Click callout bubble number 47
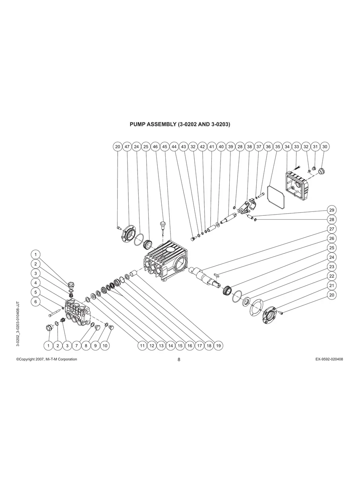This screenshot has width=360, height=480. point(127,147)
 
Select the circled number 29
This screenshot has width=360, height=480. point(331,210)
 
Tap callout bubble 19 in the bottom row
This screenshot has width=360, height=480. point(219,346)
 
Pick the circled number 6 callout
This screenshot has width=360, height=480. point(36,302)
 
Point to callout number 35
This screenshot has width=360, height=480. point(278,147)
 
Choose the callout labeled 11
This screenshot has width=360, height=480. point(142,346)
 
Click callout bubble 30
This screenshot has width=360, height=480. point(325,147)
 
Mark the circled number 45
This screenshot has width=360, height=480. point(165,147)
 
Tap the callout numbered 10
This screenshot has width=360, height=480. point(105,346)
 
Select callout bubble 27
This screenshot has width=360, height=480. point(331,229)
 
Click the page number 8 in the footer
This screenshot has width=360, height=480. point(179,360)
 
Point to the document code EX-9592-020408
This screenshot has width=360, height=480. point(329,359)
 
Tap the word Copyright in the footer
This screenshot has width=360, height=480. point(27,359)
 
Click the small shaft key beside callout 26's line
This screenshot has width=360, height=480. point(217,275)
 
